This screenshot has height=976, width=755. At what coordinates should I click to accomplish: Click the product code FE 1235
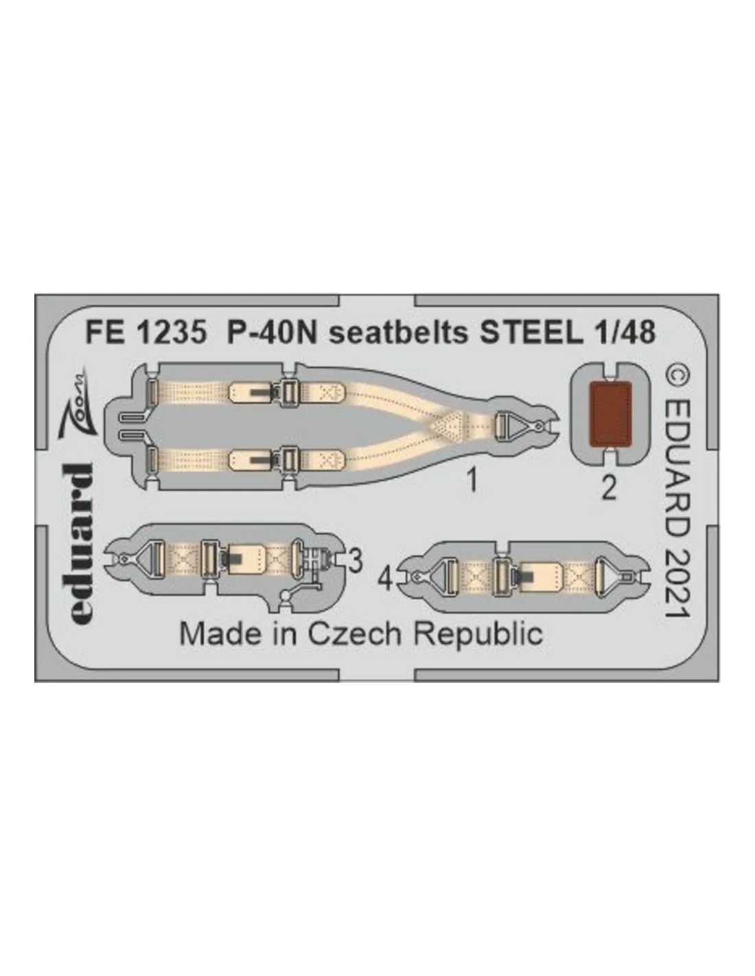[x=146, y=334]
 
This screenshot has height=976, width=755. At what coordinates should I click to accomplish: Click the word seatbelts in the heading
[x=398, y=334]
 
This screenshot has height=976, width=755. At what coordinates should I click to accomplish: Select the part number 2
[x=608, y=488]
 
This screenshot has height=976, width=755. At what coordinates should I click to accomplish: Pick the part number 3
[x=355, y=561]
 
